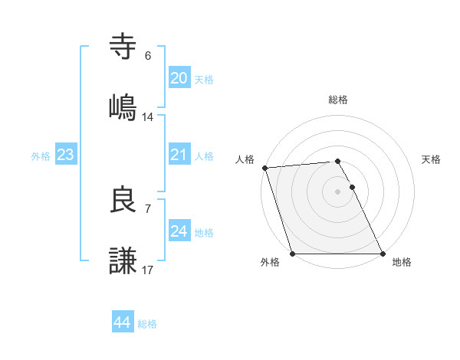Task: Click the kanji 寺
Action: click(x=123, y=47)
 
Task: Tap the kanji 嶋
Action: click(x=123, y=106)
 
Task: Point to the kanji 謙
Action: click(x=123, y=260)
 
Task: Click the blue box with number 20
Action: click(x=179, y=78)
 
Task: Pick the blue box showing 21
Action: click(x=179, y=155)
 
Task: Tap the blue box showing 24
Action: click(x=179, y=231)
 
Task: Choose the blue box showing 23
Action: click(x=66, y=155)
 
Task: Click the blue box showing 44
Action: click(x=122, y=322)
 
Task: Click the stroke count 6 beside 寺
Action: click(x=148, y=55)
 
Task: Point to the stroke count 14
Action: click(x=148, y=117)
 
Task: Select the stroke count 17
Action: click(x=148, y=270)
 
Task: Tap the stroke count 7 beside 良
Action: click(x=148, y=208)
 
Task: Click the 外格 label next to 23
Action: click(x=41, y=156)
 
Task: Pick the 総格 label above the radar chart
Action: click(x=338, y=100)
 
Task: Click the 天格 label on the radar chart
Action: click(x=432, y=159)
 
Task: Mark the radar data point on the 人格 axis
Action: click(x=264, y=168)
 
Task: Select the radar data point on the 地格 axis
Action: click(x=383, y=254)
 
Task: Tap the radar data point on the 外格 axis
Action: click(x=292, y=254)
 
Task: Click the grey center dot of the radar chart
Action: click(x=337, y=191)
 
